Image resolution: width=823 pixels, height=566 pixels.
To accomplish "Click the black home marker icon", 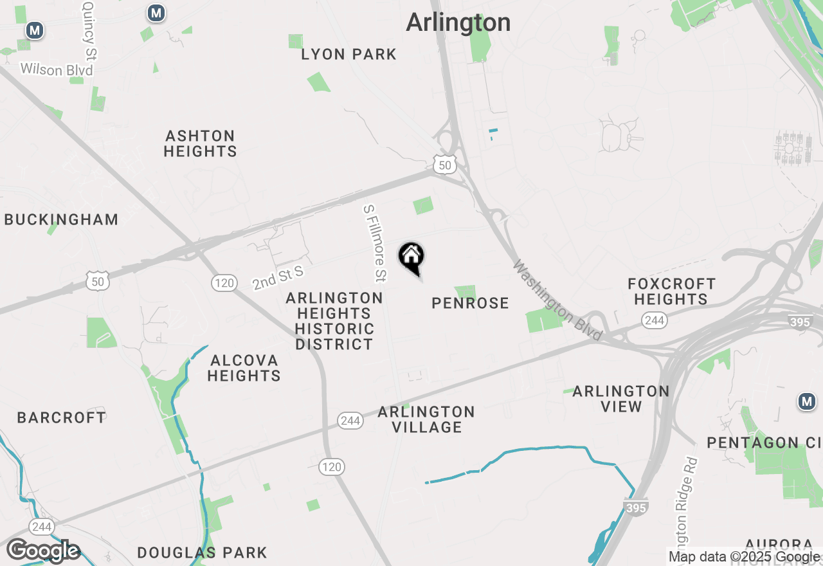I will coord(411,257).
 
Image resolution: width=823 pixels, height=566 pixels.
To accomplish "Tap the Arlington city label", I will coord(458,23).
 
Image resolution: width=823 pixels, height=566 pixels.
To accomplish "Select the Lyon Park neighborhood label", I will coord(349,55).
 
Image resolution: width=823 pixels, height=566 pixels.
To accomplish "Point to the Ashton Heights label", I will coord(200,143).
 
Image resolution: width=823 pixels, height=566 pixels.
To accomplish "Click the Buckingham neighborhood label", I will coord(61,219).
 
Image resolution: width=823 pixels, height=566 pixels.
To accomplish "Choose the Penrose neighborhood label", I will coord(470,303).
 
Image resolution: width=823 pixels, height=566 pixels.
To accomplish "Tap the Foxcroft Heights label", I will coord(671,291).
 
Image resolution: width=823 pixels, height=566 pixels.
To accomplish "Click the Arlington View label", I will coord(620,399).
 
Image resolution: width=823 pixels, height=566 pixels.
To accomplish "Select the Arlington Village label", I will coord(426,419).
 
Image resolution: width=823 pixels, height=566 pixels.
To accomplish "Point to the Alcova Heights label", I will coord(244,368).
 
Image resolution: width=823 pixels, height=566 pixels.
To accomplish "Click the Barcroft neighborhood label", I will coord(61,417).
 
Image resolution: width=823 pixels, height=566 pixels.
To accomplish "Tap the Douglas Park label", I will coord(202,552).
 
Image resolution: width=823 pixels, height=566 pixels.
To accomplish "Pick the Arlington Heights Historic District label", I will coord(334,321).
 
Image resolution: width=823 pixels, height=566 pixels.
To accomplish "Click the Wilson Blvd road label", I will coord(57,69).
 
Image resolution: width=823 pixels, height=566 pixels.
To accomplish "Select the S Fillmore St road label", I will coord(375,243).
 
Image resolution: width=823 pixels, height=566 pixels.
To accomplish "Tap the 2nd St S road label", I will coord(277,278).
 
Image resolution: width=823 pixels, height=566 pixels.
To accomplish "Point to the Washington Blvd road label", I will coord(557,300).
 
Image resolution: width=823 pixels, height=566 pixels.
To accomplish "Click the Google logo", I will coord(43,551).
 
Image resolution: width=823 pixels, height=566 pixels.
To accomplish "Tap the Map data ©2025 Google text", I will coord(744,557).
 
